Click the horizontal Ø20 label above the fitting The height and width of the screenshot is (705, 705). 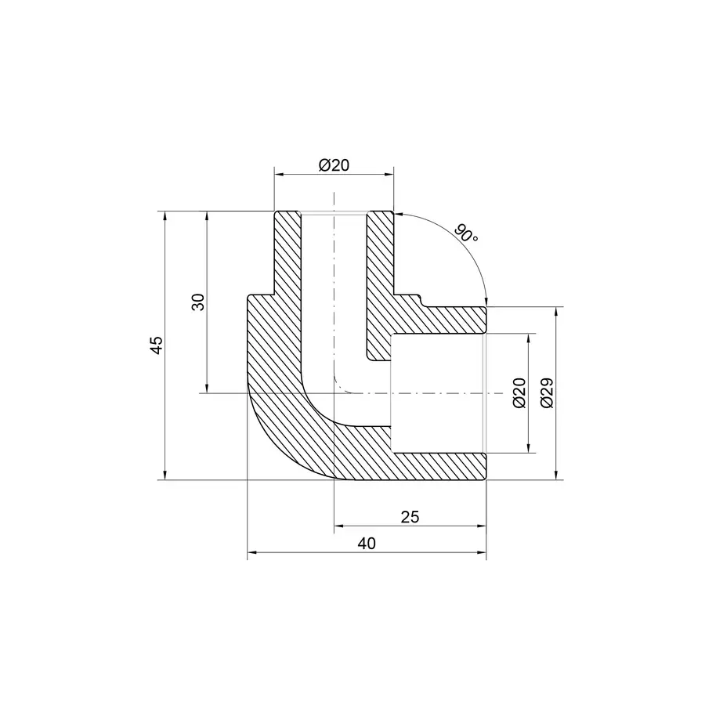point(334,165)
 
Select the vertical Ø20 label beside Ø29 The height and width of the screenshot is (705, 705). point(518,393)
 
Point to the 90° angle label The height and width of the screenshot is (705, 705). point(465,234)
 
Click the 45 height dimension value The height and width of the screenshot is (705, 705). point(157,345)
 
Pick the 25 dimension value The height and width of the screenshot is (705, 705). point(410,517)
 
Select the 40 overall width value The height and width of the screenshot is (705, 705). point(367,544)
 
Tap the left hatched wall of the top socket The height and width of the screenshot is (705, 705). point(287,251)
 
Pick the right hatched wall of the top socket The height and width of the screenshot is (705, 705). point(380,251)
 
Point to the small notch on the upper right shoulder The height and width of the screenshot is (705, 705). point(423,300)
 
